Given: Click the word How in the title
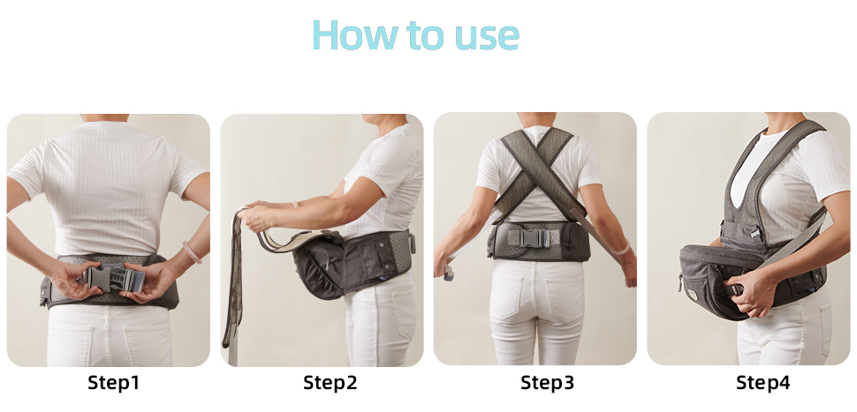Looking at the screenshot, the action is tap(354, 35).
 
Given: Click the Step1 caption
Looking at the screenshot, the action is tap(114, 383).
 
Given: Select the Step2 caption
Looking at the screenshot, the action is tap(330, 383).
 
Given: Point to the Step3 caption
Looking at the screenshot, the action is tap(547, 383).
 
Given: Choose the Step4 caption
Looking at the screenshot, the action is tap(762, 383).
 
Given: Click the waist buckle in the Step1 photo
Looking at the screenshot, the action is tap(112, 277).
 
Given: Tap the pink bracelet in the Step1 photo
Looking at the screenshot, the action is tap(192, 251).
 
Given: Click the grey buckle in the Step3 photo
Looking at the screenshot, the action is tap(529, 238).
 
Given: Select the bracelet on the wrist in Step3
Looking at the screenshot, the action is tap(623, 249).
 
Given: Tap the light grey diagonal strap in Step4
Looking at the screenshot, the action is tap(793, 243).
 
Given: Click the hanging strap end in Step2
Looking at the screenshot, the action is tap(232, 284).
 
